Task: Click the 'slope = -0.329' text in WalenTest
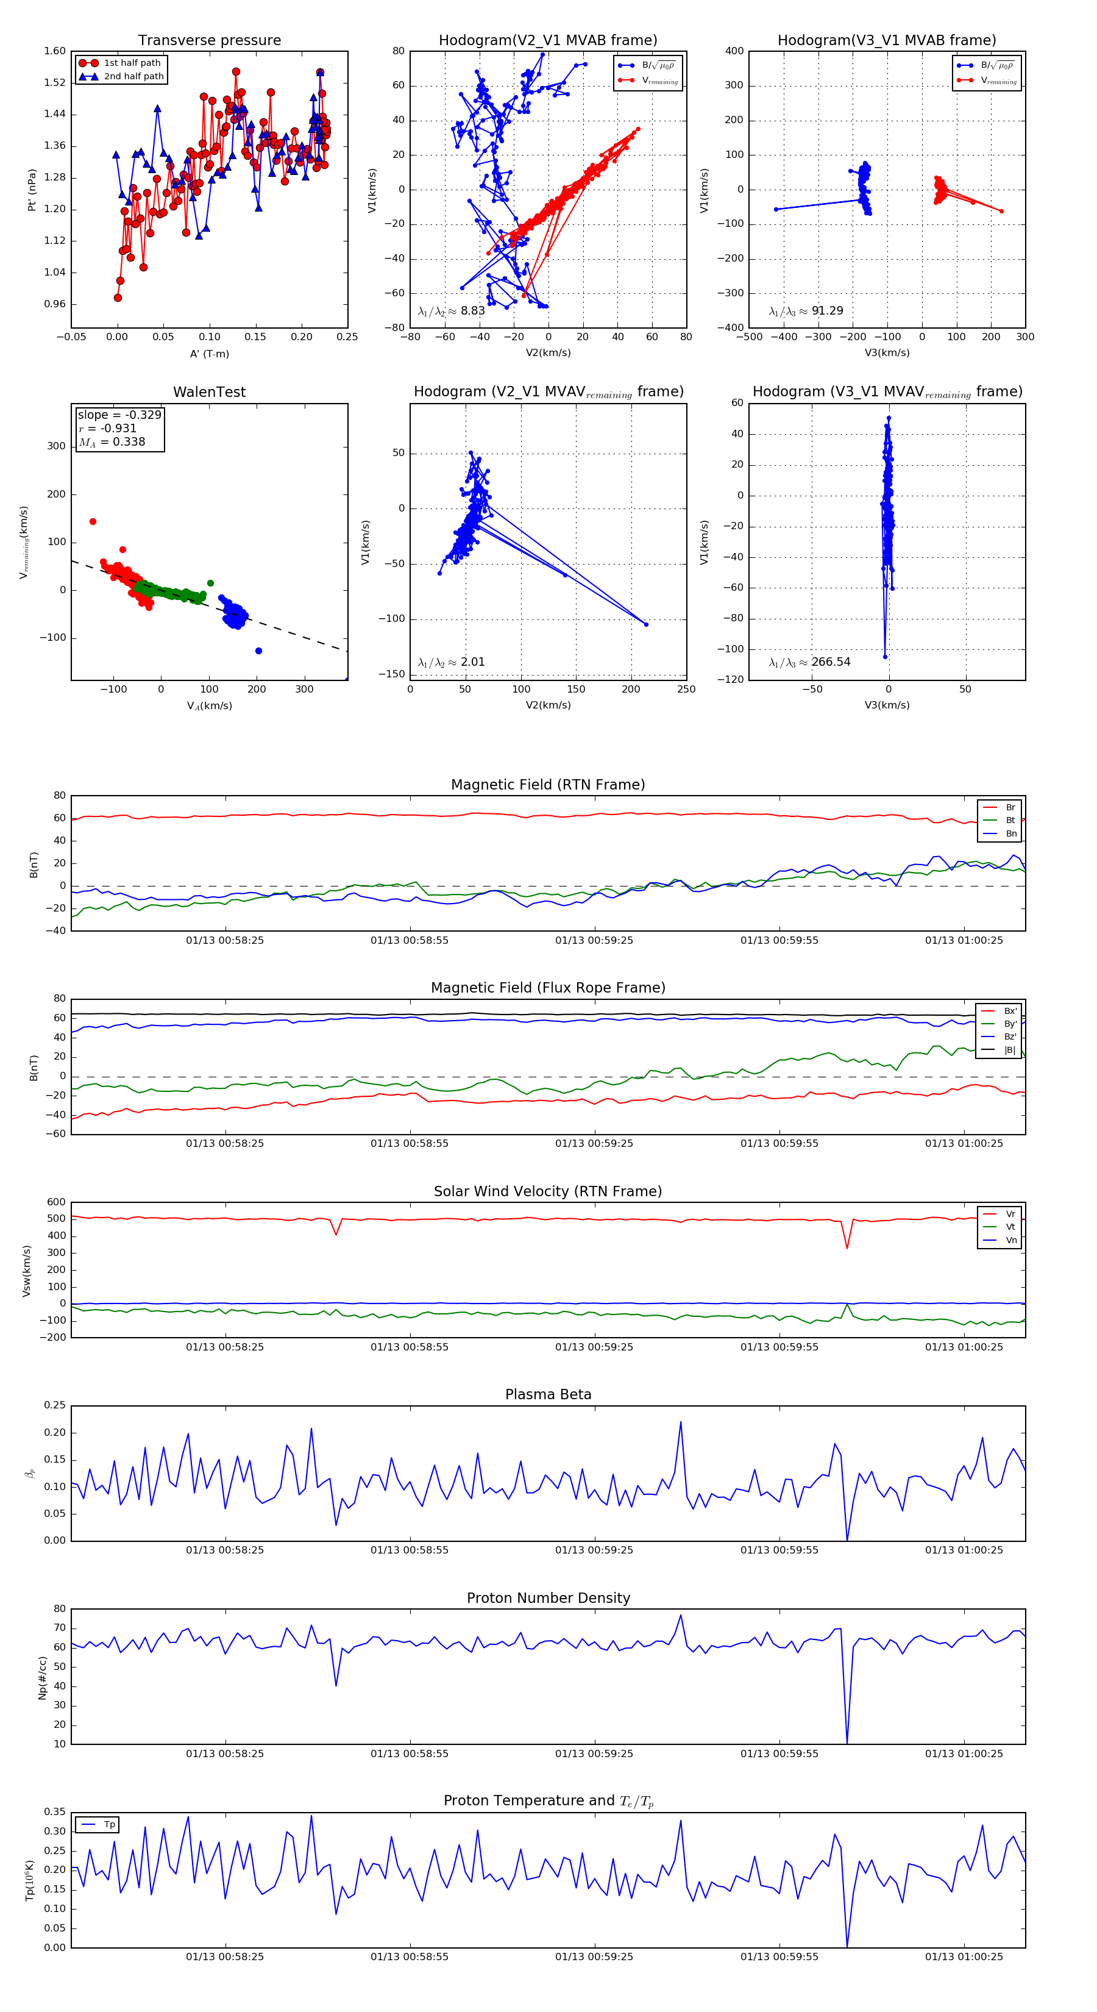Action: pyautogui.click(x=119, y=415)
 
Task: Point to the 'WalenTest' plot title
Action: pyautogui.click(x=209, y=392)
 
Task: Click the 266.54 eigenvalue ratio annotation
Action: pyautogui.click(x=831, y=662)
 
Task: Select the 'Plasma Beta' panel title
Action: pyautogui.click(x=548, y=1394)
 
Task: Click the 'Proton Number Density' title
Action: pyautogui.click(x=548, y=1598)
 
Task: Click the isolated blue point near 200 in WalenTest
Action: pyautogui.click(x=258, y=651)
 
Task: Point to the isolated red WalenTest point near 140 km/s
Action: pyautogui.click(x=93, y=522)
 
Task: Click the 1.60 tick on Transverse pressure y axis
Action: pyautogui.click(x=55, y=52)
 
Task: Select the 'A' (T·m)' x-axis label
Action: pyautogui.click(x=209, y=354)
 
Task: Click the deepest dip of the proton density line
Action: pyautogui.click(x=847, y=1742)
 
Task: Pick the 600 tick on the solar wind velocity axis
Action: pyautogui.click(x=56, y=1202)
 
